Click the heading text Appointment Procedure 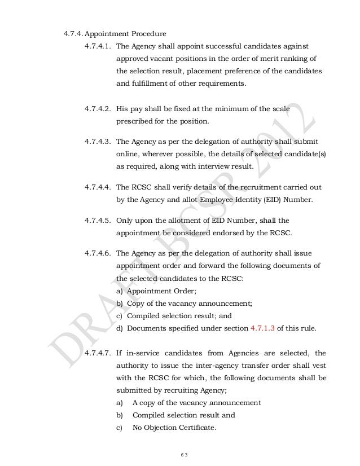(129, 32)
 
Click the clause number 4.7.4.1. (98, 45)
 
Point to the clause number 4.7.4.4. (98, 187)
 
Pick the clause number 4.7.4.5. (98, 219)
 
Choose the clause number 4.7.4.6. (98, 252)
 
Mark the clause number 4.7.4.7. (98, 354)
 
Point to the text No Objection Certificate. (174, 428)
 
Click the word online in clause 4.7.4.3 (128, 155)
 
